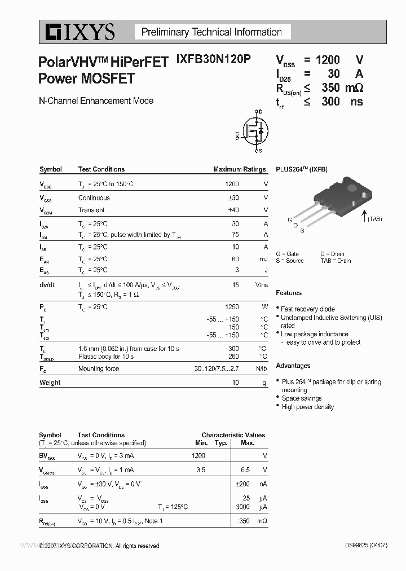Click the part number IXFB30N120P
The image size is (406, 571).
pyautogui.click(x=214, y=60)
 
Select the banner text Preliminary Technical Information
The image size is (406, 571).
pyautogui.click(x=211, y=32)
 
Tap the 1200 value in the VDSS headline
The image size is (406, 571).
pyautogui.click(x=328, y=60)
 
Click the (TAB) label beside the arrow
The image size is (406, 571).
pyautogui.click(x=374, y=219)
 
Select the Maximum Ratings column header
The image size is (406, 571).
pyautogui.click(x=239, y=169)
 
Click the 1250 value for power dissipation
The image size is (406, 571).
pyautogui.click(x=232, y=307)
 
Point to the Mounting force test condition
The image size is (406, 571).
pyautogui.click(x=99, y=368)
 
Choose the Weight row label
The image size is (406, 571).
pyautogui.click(x=50, y=383)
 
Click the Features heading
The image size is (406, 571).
pyautogui.click(x=289, y=293)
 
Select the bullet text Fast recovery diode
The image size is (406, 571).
pyautogui.click(x=308, y=309)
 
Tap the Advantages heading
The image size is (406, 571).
pyautogui.click(x=293, y=366)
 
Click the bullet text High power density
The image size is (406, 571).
pyautogui.click(x=308, y=407)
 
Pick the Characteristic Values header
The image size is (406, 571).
pyautogui.click(x=233, y=435)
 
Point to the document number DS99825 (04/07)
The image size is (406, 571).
pyautogui.click(x=365, y=546)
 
